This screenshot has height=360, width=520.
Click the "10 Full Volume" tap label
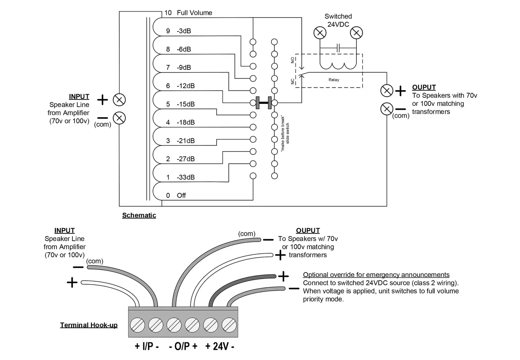click(x=188, y=13)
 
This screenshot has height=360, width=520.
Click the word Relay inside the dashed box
click(x=334, y=80)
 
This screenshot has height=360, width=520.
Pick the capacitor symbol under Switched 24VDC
click(x=338, y=48)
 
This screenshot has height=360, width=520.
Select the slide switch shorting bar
click(x=264, y=103)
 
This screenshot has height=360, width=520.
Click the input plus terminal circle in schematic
click(x=119, y=100)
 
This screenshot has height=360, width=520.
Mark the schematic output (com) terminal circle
click(x=387, y=109)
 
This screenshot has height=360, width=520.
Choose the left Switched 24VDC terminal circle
click(x=320, y=33)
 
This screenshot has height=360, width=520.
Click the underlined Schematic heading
click(x=139, y=215)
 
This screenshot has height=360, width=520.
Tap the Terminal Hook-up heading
click(x=89, y=325)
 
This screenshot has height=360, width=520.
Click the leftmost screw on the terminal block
click(x=137, y=325)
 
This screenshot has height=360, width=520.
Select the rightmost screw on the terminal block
click(x=229, y=325)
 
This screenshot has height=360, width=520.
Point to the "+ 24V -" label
click(x=220, y=346)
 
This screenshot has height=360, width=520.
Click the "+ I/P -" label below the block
click(x=147, y=346)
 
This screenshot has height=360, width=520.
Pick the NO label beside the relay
click(x=292, y=60)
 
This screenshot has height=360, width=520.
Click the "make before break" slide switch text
click(x=285, y=133)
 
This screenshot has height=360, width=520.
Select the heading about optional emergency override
click(x=376, y=275)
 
